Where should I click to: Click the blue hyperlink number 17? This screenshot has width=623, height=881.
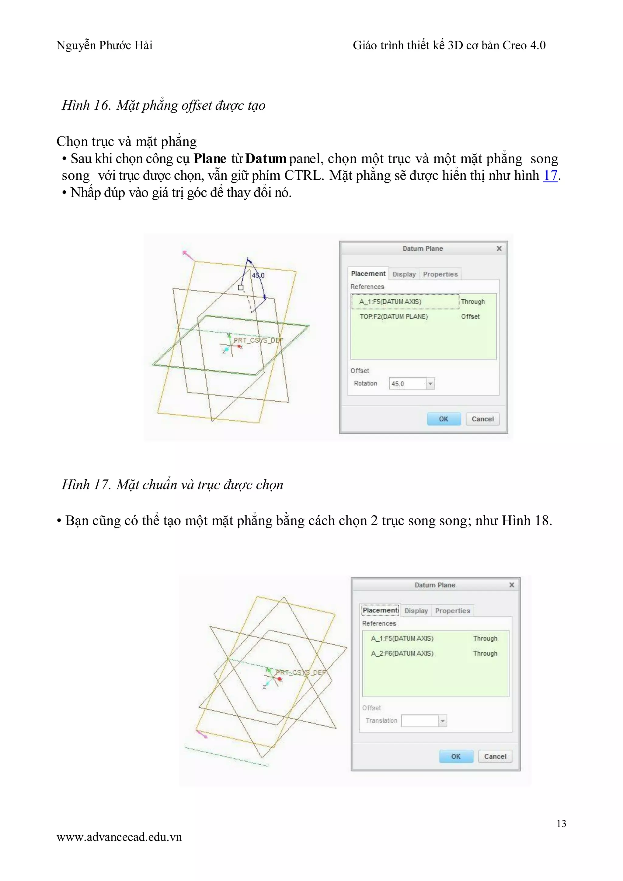coord(550,175)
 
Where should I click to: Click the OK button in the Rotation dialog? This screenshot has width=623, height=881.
coord(444,419)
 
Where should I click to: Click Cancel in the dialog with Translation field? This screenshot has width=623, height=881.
coord(495,756)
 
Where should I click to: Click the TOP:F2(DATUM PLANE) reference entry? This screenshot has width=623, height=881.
coord(394,316)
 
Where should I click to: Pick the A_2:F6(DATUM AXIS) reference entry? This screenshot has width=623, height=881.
coord(402,653)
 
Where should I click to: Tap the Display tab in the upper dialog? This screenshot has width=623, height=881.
coord(404,274)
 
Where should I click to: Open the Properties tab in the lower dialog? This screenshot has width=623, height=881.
coord(452,611)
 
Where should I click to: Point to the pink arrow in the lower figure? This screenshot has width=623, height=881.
coord(202,734)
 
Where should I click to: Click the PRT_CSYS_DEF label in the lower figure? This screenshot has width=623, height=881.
coord(301,672)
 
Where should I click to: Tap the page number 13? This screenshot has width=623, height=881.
coord(561,823)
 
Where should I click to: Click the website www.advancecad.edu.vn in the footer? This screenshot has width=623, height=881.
coord(119,837)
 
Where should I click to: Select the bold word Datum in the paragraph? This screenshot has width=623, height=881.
coord(266,159)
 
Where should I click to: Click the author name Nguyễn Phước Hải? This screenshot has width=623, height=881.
coord(104,45)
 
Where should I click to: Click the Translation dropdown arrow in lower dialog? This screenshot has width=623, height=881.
coord(443,721)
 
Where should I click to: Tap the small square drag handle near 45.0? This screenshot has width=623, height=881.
coord(241,287)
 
